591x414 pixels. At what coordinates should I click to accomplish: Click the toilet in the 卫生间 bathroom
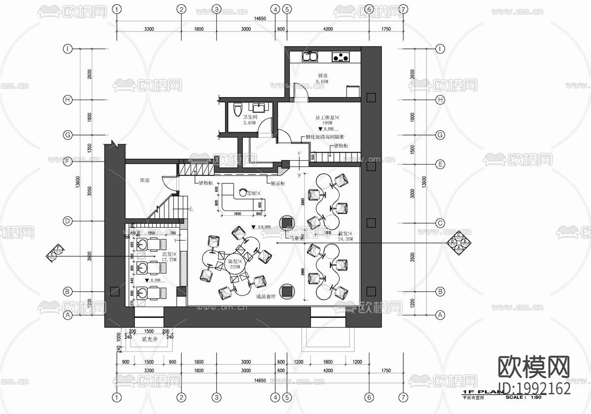tap(237, 108)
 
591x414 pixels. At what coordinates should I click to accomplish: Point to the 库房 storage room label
tap(144, 181)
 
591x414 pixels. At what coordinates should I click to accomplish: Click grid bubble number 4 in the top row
tap(275, 9)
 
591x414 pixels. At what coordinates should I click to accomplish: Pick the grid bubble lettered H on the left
tap(68, 100)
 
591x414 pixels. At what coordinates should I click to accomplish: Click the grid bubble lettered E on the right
tap(441, 164)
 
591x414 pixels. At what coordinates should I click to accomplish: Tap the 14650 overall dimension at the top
tap(260, 19)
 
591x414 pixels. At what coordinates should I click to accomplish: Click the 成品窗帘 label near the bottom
tap(266, 297)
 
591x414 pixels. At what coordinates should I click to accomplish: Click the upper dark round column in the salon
tap(287, 223)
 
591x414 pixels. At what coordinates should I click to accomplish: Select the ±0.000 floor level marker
tap(262, 227)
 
